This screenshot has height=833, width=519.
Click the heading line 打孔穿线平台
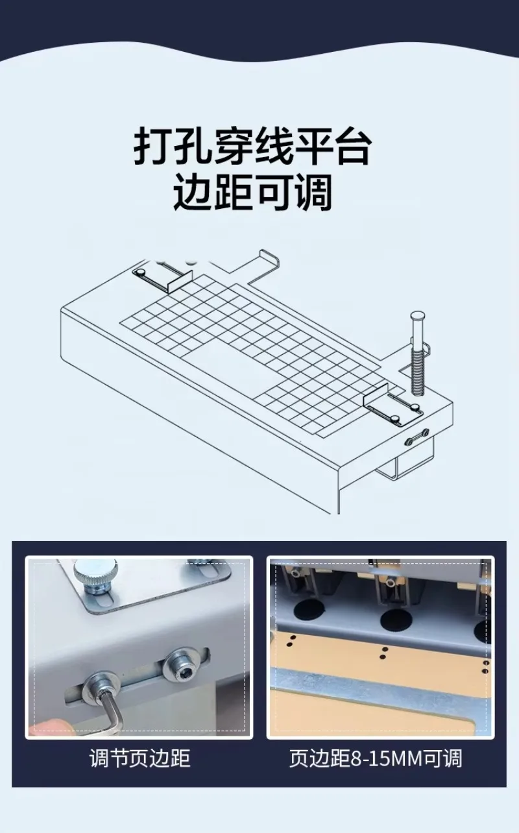253,145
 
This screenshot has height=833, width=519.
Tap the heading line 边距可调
253,192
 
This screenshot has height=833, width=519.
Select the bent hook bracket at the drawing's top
266,263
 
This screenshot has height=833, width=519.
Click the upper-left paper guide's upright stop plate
180,281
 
